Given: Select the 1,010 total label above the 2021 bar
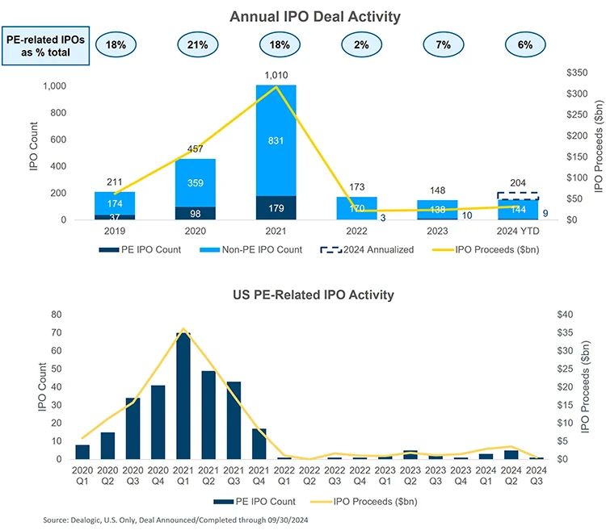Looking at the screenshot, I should coord(276,74).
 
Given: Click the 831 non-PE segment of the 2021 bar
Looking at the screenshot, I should coord(276,140).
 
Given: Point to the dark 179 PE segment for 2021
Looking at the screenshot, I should coord(276,208).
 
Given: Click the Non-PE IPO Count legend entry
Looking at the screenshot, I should coord(250,249).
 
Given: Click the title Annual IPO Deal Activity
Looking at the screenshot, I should coord(304,16).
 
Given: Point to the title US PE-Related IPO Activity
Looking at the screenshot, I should coord(304,294).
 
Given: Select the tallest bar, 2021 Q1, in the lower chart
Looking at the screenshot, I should coord(183,395).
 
